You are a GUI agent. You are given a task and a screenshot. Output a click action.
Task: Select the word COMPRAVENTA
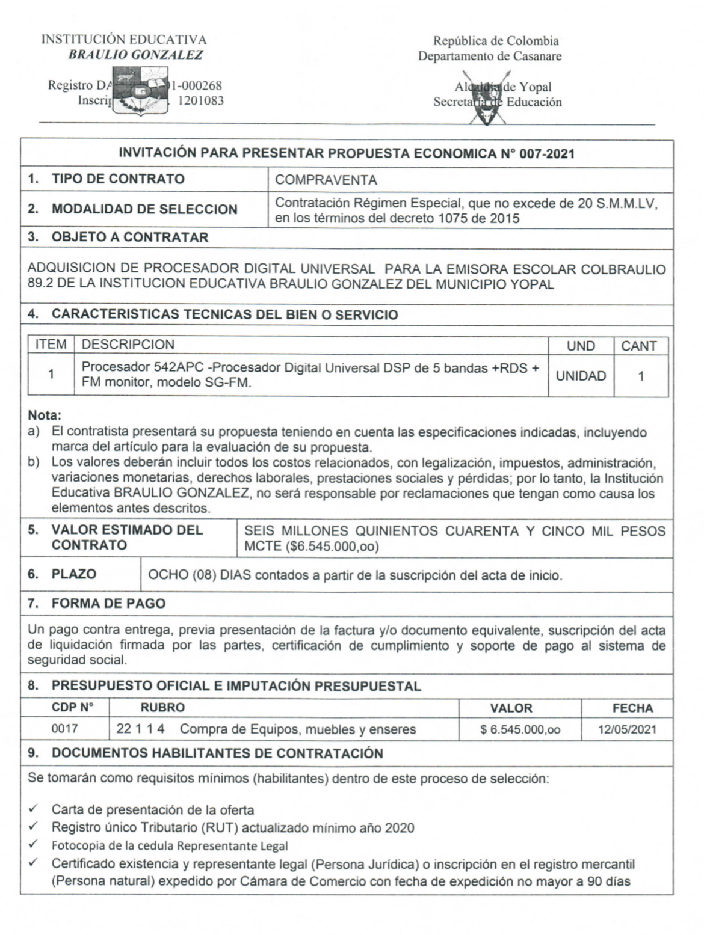point(326,180)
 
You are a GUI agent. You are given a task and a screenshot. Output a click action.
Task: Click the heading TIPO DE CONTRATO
point(118,179)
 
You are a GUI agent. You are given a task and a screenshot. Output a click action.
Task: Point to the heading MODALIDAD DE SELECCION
point(144,209)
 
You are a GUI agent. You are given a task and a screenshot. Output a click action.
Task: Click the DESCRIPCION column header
point(128,345)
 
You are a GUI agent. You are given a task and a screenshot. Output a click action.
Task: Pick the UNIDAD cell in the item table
point(580,376)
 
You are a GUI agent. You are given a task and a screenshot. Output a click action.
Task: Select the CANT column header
point(638,346)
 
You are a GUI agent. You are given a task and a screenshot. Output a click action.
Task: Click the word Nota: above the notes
point(45,415)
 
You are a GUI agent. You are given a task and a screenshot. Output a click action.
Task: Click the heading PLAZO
point(73,574)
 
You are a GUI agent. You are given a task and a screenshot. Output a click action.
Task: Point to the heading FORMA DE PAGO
point(108,604)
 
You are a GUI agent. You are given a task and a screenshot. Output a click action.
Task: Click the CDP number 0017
point(64,729)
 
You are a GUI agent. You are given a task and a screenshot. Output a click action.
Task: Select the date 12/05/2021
point(627,730)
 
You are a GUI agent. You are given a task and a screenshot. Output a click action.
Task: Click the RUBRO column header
point(162,708)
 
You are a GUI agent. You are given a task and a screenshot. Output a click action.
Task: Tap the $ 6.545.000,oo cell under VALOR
point(520,730)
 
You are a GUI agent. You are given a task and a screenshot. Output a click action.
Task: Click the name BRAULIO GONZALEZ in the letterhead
point(136,55)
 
